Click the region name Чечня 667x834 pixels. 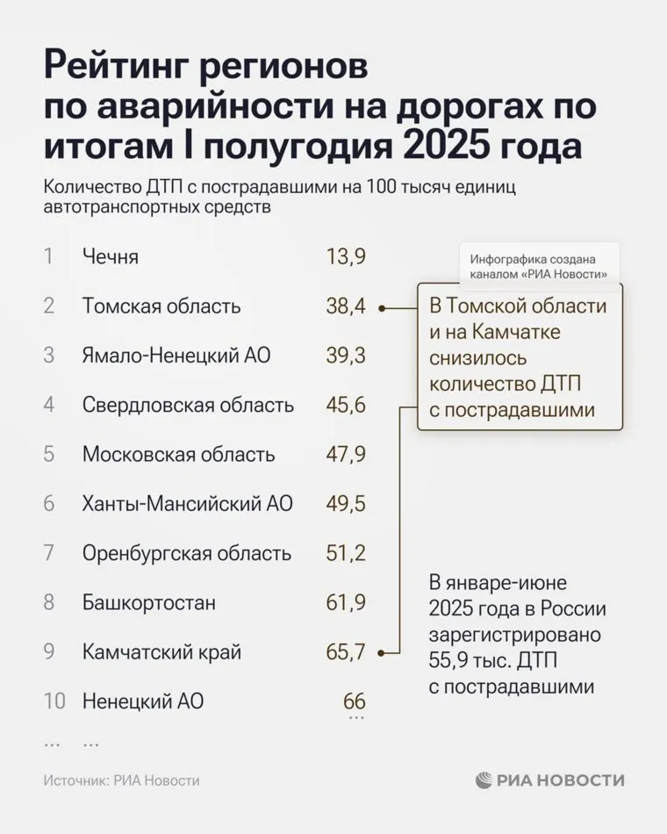tap(110, 257)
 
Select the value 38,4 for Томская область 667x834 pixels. tap(344, 306)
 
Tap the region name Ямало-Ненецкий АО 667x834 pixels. tap(176, 356)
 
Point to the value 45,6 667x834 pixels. tap(344, 406)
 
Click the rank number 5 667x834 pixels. tap(49, 455)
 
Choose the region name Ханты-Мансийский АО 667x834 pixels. tap(187, 505)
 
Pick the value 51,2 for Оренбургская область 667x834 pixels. tap(344, 554)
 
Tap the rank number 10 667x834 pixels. tap(54, 702)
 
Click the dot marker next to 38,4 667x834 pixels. tap(382, 308)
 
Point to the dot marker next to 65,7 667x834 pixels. tap(382, 653)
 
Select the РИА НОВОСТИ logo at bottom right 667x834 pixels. tap(550, 780)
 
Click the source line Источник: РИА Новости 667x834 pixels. tap(121, 780)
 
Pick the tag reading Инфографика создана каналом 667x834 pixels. tap(540, 267)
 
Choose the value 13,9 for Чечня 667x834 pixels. tap(344, 257)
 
